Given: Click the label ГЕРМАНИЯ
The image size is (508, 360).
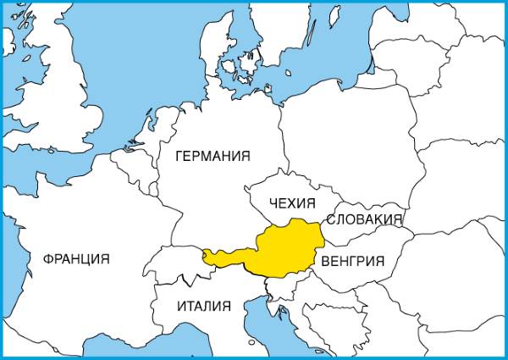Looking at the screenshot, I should pyautogui.click(x=213, y=157).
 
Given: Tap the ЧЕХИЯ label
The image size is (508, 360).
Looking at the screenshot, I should pyautogui.click(x=291, y=203).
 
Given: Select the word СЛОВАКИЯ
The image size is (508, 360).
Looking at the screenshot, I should pyautogui.click(x=364, y=219).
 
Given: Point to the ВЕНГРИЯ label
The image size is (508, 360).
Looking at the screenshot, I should pyautogui.click(x=353, y=261).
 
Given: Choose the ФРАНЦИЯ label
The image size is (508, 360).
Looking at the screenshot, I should pyautogui.click(x=76, y=259).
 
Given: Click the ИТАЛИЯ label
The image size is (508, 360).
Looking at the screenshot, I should pyautogui.click(x=203, y=306).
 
